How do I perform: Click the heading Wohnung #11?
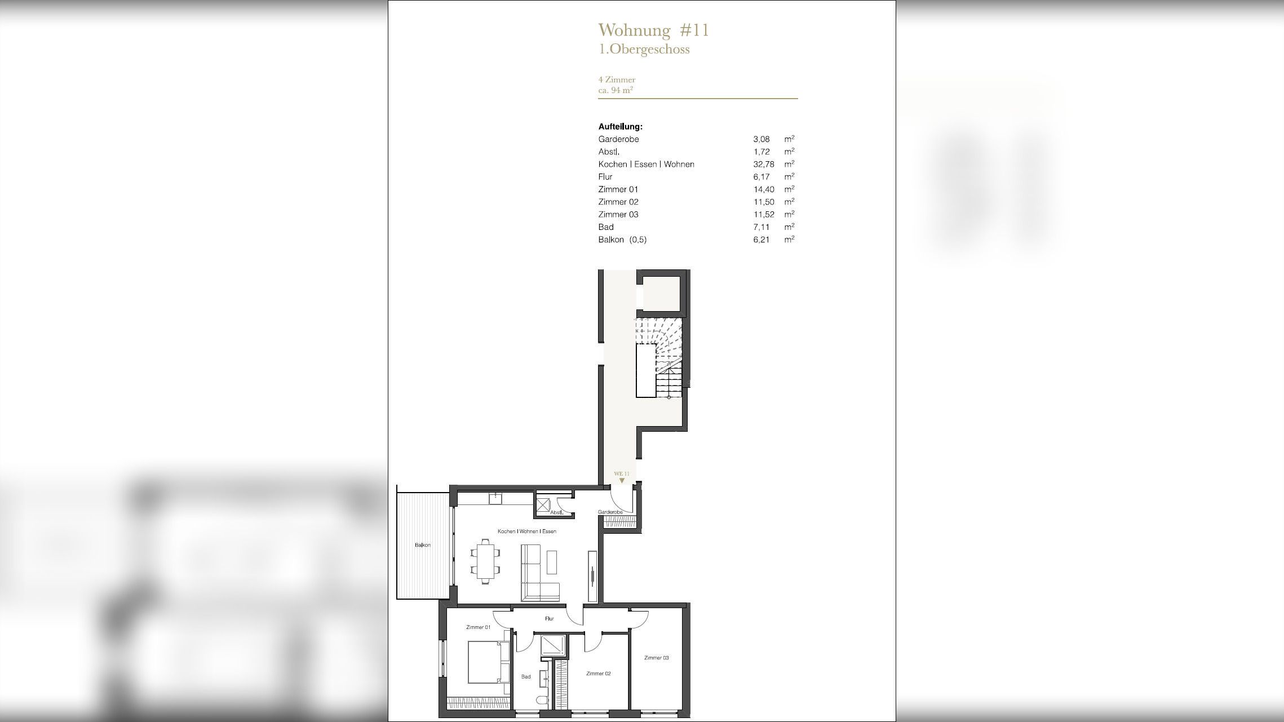(x=653, y=30)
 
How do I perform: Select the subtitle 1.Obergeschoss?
(x=644, y=49)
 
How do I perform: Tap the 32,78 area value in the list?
(x=764, y=165)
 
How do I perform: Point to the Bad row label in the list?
(x=606, y=227)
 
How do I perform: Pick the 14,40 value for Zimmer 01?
(x=764, y=189)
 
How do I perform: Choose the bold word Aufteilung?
(x=620, y=127)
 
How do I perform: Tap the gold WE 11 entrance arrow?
(x=622, y=481)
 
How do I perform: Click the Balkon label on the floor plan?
(x=423, y=545)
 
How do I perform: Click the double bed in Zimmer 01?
(x=489, y=662)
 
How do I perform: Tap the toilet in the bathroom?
(x=542, y=701)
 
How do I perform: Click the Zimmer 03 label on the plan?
(x=657, y=658)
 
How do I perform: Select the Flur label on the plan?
(x=550, y=618)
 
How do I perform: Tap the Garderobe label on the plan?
(x=610, y=512)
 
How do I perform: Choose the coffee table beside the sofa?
(x=552, y=562)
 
